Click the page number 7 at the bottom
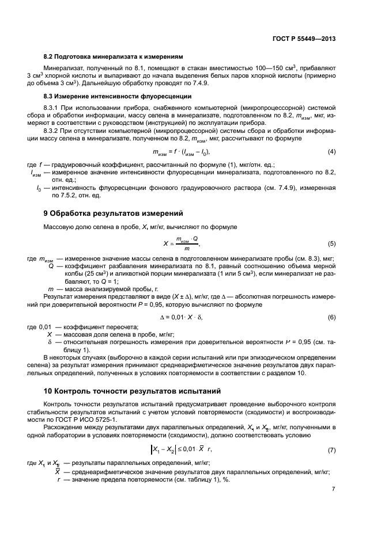point(334,489)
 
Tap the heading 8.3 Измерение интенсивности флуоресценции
point(118,96)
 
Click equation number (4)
point(331,152)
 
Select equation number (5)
point(331,243)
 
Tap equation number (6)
point(331,317)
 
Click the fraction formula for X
point(182,243)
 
